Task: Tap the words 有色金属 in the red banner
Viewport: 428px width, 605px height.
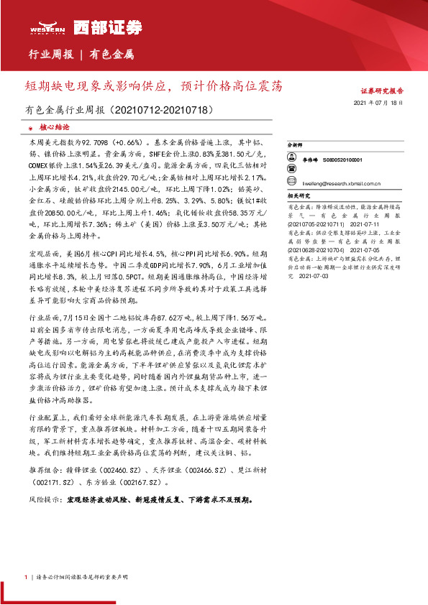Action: pos(111,54)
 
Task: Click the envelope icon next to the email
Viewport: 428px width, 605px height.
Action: pos(295,184)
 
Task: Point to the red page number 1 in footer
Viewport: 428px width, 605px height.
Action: pos(26,577)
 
